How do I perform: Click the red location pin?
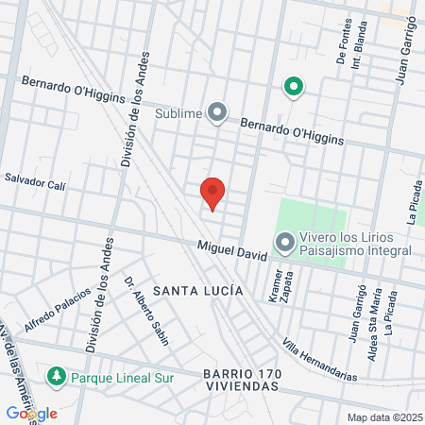[212, 192]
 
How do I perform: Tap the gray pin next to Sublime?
[218, 113]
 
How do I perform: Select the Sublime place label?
[179, 114]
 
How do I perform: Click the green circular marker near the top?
[294, 89]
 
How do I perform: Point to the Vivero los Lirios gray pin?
[284, 244]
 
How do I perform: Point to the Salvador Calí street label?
[35, 181]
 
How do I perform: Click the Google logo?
[31, 413]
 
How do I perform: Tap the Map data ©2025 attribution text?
[383, 417]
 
